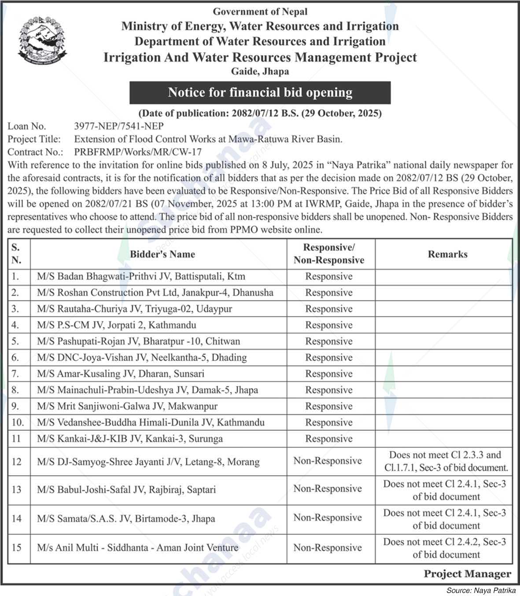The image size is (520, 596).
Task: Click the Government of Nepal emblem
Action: coord(43,41)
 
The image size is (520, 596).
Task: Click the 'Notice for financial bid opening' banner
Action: coord(260,93)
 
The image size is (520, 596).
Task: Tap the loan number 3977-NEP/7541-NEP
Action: coord(119,127)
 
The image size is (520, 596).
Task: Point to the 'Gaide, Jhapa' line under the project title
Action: coord(260,71)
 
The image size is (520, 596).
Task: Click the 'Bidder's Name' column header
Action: coord(162,254)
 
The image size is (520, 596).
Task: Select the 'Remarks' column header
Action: coord(447,254)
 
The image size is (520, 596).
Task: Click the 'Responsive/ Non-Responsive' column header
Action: coord(329,254)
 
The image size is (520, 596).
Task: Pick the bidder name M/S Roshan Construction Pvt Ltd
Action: coord(155,293)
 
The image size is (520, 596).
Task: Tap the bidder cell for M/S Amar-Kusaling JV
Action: coord(121,374)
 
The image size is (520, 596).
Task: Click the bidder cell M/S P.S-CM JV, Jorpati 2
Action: coord(117,325)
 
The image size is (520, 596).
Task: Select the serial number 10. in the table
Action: coord(18,422)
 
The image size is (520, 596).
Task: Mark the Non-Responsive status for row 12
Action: coord(328,461)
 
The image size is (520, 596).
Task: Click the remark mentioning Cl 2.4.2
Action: coord(444,548)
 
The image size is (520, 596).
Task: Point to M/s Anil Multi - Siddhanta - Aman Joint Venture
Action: coord(138,548)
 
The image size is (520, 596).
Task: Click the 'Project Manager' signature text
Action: coord(467,574)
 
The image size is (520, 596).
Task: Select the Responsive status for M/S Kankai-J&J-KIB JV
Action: coord(329,439)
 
